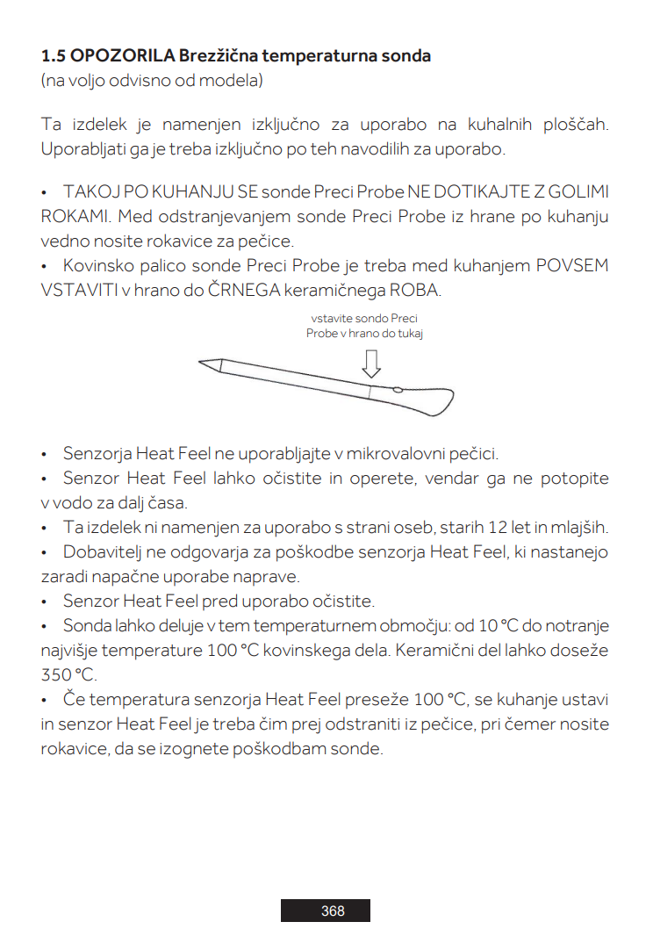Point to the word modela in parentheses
pos(235,81)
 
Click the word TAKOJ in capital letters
pos(88,192)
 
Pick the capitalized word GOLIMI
pos(578,192)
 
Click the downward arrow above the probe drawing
pos(371,363)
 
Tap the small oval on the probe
pos(397,389)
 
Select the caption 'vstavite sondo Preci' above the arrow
pos(364,320)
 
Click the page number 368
pos(333,911)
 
